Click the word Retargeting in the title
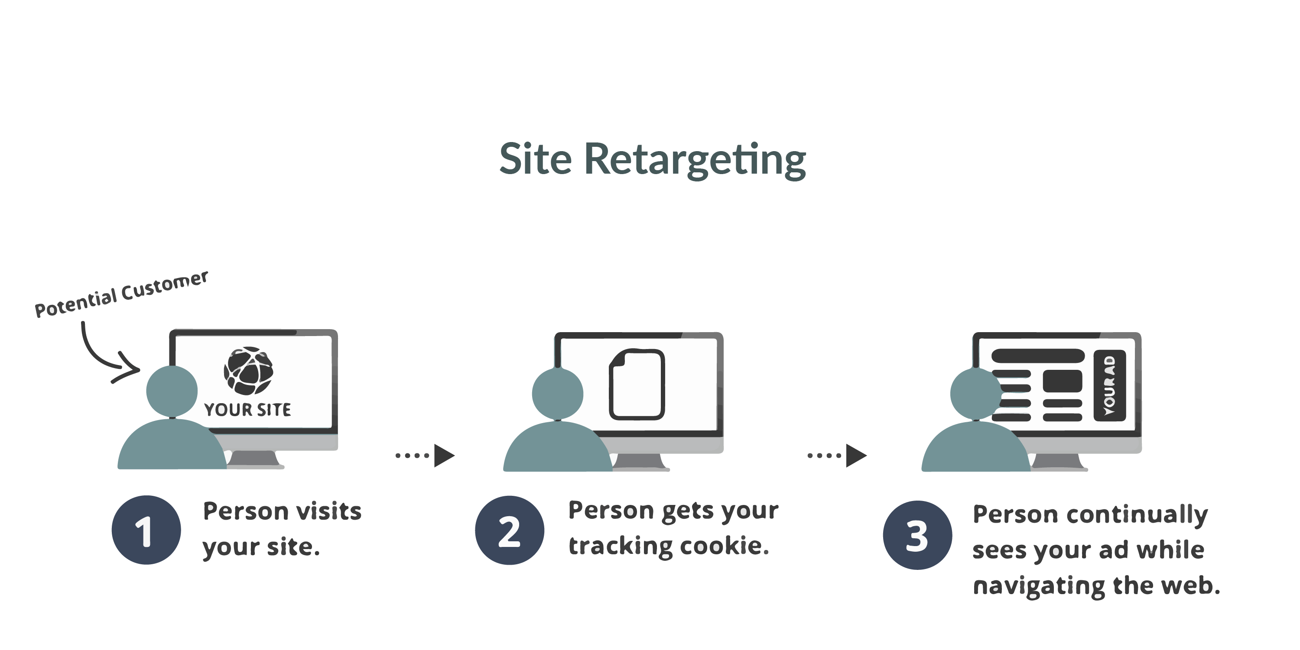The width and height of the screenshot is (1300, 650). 695,160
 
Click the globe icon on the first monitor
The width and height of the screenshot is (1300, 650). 248,371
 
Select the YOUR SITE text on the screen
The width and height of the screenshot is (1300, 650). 247,410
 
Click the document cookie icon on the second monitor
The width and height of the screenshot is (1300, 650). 637,384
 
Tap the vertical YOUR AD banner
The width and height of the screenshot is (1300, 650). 1109,386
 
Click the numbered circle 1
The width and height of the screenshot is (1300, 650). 146,530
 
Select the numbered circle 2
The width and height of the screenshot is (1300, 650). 509,530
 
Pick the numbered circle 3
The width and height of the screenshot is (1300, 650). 917,535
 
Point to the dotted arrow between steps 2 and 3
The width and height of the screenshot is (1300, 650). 837,456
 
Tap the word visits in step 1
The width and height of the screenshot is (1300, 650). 328,511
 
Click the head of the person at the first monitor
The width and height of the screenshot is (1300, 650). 172,391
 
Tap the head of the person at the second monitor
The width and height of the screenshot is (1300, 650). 557,393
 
